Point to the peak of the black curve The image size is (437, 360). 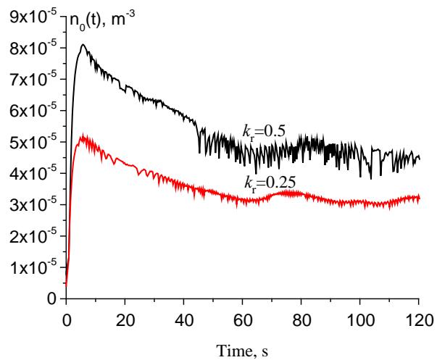pyautogui.click(x=83, y=45)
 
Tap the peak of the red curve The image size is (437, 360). pyautogui.click(x=83, y=136)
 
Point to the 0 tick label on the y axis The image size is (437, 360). pyautogui.click(x=51, y=298)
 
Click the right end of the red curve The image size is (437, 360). pyautogui.click(x=419, y=198)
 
